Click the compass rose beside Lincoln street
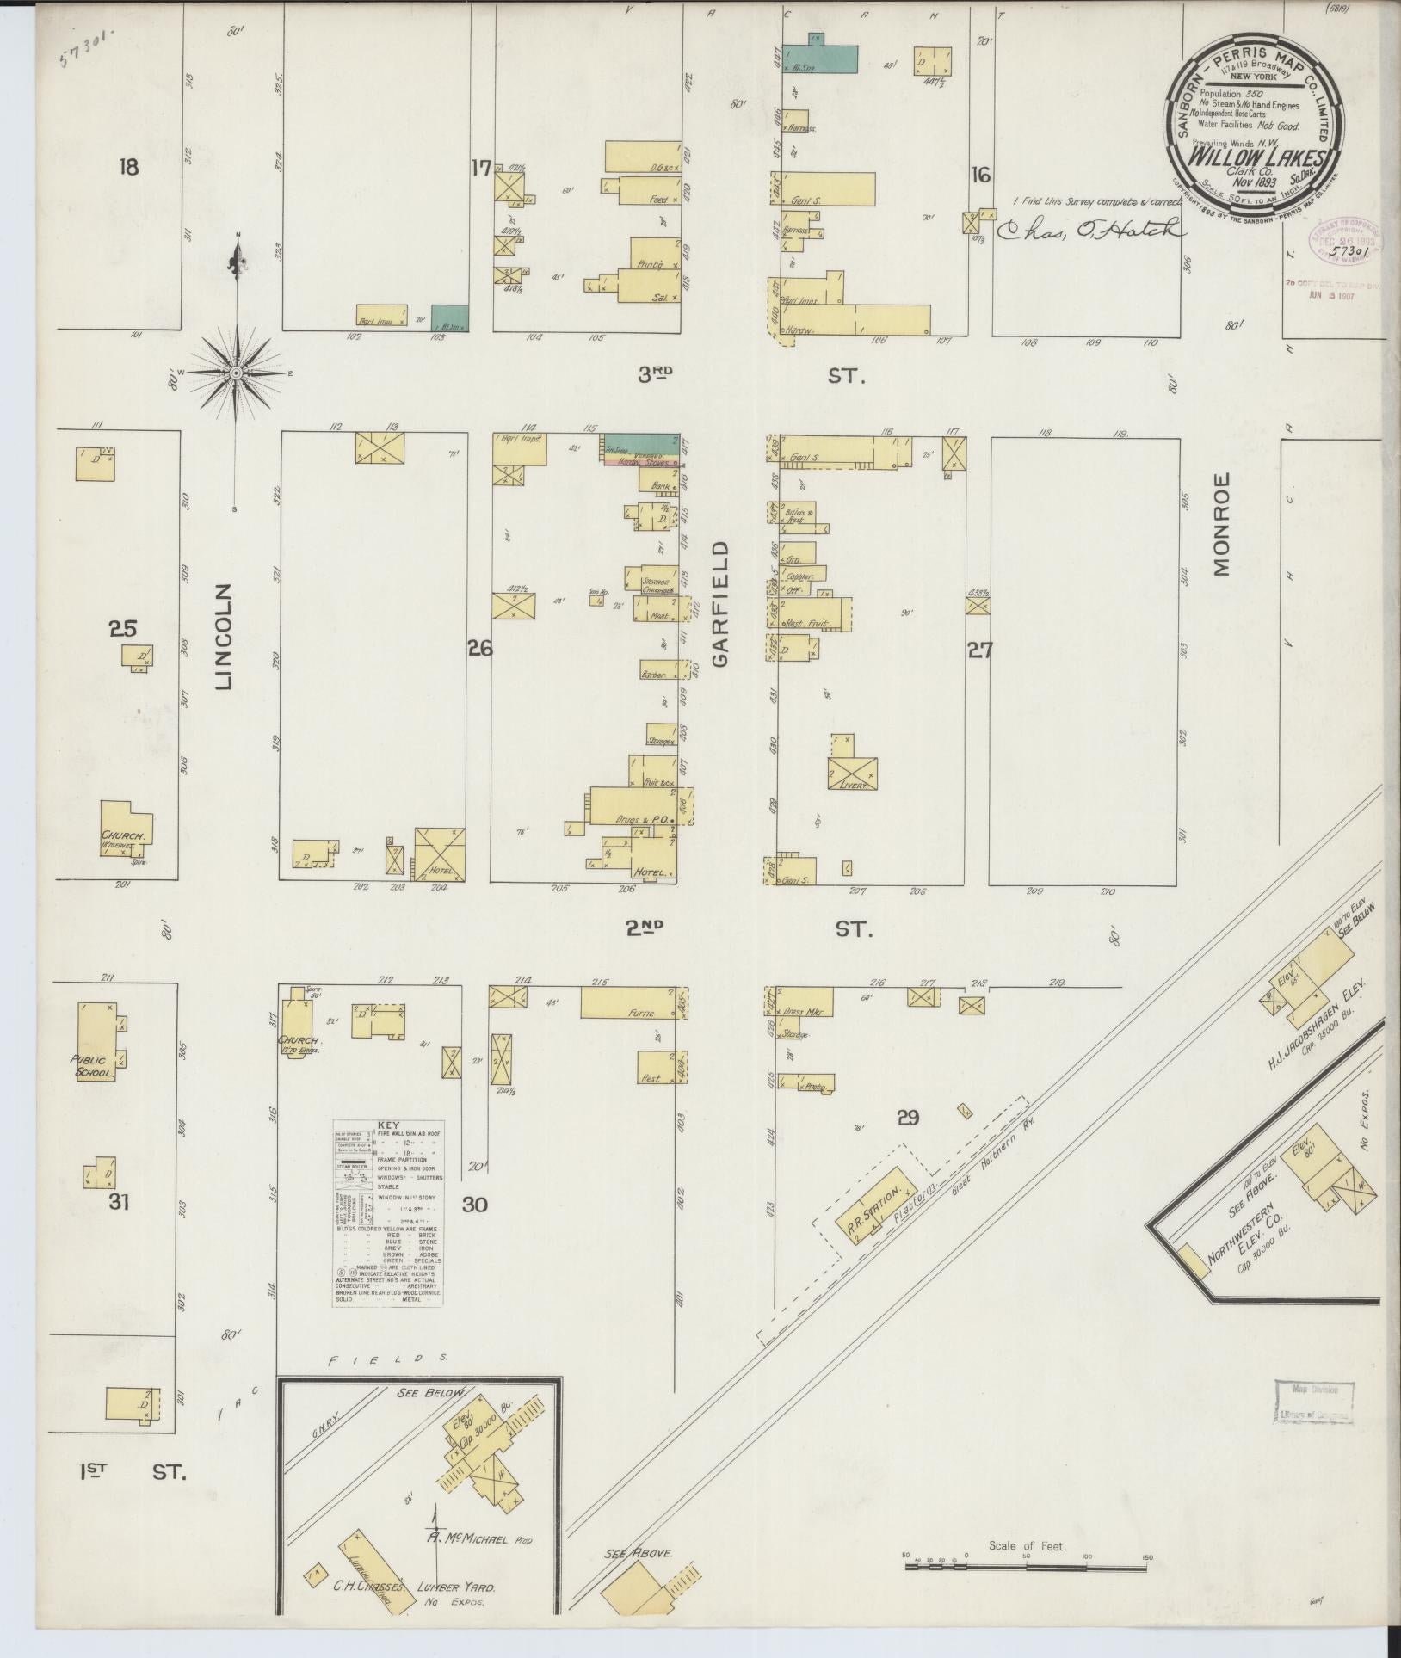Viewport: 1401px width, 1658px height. pyautogui.click(x=236, y=372)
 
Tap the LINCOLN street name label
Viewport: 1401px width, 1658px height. pyautogui.click(x=224, y=637)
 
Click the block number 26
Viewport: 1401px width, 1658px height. pyautogui.click(x=479, y=650)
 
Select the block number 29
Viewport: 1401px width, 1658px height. pyautogui.click(x=908, y=1118)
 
